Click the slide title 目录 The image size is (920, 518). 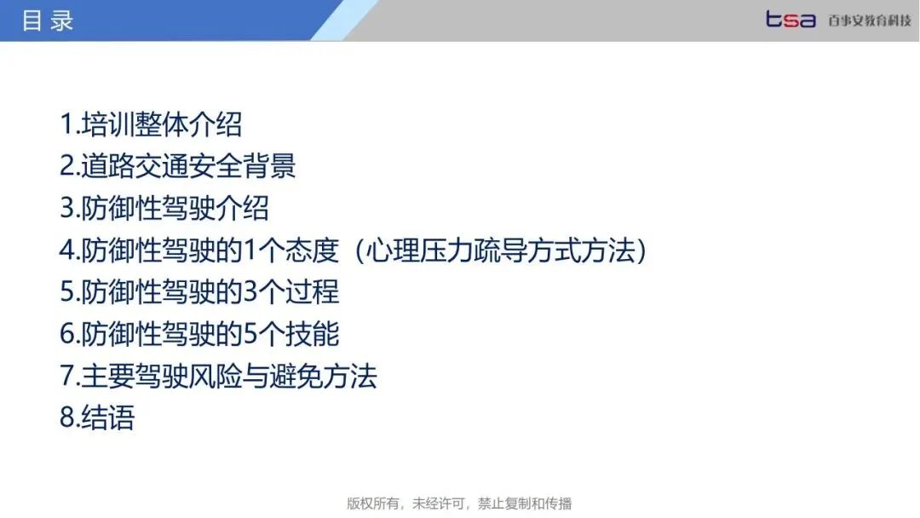point(48,20)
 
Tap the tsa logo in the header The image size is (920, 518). point(791,20)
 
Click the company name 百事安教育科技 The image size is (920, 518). point(870,20)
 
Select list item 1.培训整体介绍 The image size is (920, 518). point(151,124)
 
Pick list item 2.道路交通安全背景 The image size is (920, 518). point(178,166)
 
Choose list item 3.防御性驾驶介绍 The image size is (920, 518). point(164,208)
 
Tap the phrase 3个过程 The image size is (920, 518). point(291,292)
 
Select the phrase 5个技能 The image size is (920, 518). point(291,334)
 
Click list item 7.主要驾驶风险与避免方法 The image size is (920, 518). point(218,376)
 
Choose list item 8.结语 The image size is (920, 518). point(97,417)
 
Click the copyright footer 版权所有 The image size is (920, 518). point(373,504)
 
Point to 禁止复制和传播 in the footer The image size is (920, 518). point(525,504)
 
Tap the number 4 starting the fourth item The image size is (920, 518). point(67,250)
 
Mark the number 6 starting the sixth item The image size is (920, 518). point(67,334)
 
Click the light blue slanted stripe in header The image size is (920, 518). point(344,20)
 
